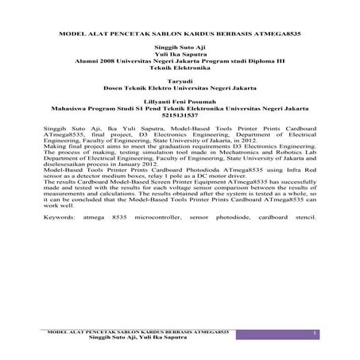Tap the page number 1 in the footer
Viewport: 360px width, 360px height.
pos(315,330)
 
